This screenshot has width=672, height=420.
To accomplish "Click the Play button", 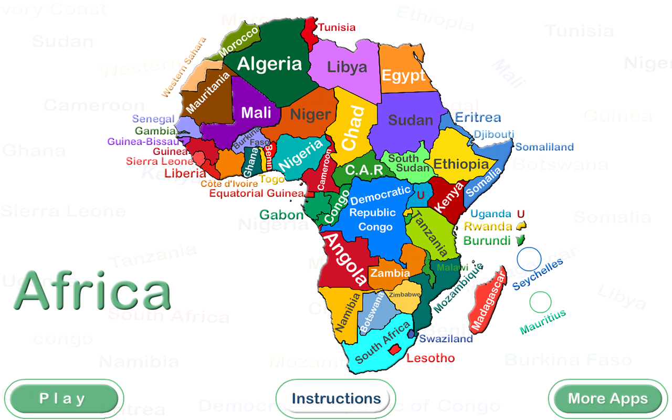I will (64, 398).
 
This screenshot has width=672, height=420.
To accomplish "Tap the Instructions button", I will (336, 398).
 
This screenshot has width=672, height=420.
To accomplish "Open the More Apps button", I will (607, 398).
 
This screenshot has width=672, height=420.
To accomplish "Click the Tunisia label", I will (337, 27).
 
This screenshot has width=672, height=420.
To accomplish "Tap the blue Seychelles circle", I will (529, 259).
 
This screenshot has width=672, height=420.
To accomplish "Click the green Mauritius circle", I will (540, 302).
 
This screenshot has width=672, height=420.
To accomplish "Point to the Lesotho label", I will (430, 358).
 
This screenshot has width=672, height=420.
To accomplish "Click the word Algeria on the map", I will (269, 64).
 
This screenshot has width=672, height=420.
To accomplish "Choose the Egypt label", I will (403, 76).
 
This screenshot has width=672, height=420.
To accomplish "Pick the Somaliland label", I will (544, 147).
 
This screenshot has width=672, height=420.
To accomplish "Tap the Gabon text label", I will (281, 214).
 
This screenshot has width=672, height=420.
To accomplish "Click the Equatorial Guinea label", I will (256, 193).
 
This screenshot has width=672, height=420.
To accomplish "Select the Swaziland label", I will (446, 339).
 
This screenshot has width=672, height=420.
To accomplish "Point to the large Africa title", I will (93, 290).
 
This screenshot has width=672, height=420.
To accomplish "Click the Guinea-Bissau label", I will (143, 142).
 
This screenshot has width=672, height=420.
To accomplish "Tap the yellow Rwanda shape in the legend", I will (522, 226).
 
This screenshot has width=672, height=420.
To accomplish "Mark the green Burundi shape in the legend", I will (520, 240).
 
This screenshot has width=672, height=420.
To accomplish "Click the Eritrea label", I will (478, 117).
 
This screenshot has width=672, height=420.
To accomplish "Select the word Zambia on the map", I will (390, 273).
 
